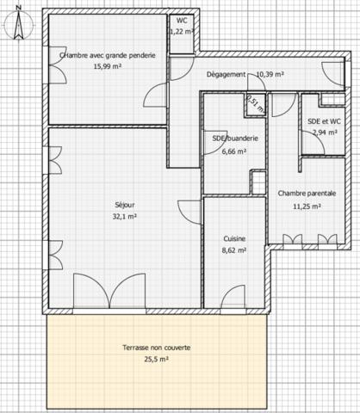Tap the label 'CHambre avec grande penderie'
coord(108,55)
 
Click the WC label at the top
coord(182,21)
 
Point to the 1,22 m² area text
coord(182,31)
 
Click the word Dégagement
coord(227,74)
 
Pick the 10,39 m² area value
coord(271,74)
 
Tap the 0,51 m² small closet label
coord(256,103)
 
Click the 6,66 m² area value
coord(234,151)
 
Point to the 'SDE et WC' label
coord(324,122)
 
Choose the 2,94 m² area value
coord(324,133)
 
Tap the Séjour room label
coord(125,205)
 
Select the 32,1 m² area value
coord(125,217)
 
